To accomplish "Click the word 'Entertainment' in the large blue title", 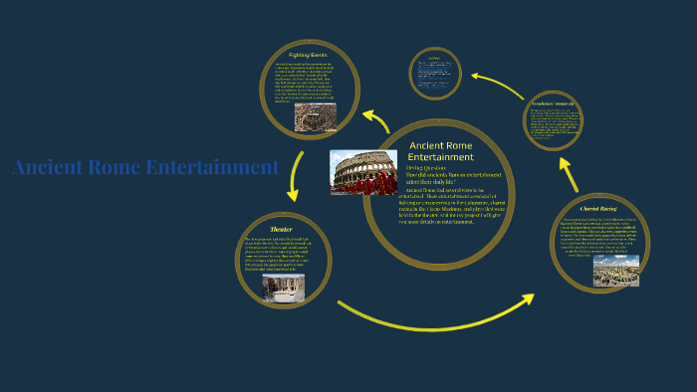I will coord(211,167).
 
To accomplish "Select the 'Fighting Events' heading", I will coord(308,54).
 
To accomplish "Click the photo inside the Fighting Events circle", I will coord(314,118).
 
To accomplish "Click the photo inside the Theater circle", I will coord(284,288).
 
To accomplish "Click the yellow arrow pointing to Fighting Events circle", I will coord(377,120).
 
